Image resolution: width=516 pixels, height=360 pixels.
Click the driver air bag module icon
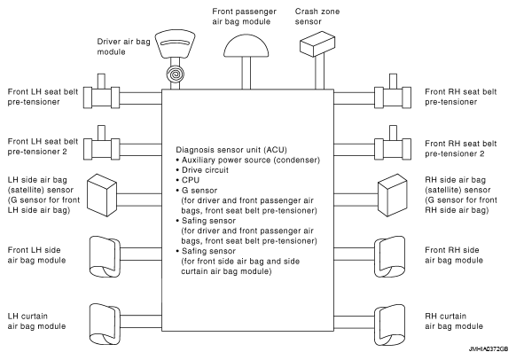click(175, 44)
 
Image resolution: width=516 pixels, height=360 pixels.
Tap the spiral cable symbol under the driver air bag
click(175, 74)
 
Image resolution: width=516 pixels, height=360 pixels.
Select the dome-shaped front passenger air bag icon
click(246, 46)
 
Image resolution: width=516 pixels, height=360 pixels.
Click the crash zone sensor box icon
click(317, 43)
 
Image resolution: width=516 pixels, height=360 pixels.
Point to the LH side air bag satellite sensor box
click(102, 195)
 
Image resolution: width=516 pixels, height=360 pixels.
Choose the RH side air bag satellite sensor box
click(392, 195)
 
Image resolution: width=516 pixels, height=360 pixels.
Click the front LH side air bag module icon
click(105, 256)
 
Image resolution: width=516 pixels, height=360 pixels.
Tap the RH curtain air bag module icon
click(390, 325)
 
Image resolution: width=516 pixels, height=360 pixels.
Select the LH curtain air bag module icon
click(105, 325)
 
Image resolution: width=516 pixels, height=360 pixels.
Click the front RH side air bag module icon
click(390, 256)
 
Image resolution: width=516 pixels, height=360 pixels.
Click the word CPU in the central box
click(191, 180)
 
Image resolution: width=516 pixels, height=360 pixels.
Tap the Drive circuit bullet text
click(205, 170)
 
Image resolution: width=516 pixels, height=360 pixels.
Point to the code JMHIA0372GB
click(489, 348)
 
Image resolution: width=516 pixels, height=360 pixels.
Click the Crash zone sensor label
click(317, 17)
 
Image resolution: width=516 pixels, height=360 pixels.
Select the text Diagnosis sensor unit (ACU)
click(231, 150)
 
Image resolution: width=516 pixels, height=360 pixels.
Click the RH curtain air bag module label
click(454, 321)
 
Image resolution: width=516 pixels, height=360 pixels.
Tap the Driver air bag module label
click(123, 47)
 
